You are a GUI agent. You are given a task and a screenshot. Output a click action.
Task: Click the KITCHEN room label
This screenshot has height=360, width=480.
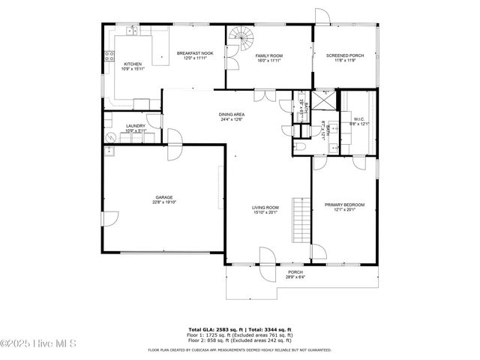click(132, 64)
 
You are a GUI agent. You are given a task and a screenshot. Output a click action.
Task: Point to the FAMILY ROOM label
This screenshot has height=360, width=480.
click(268, 55)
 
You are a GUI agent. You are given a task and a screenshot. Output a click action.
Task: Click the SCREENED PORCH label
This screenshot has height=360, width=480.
click(345, 55)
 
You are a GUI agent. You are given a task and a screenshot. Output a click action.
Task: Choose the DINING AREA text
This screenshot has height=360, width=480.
click(232, 114)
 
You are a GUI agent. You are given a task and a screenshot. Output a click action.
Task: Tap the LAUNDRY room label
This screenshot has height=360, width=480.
click(136, 126)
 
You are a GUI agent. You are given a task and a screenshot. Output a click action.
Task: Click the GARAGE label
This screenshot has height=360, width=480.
click(163, 197)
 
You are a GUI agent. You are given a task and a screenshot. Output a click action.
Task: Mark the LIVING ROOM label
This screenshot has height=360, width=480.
click(265, 208)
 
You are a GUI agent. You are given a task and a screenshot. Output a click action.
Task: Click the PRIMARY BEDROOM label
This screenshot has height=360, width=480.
click(344, 205)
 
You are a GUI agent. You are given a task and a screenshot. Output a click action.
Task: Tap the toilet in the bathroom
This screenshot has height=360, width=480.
click(301, 145)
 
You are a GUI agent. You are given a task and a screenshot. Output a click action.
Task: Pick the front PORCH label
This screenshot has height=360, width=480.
click(295, 272)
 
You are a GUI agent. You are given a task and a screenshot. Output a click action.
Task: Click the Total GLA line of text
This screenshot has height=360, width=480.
click(240, 329)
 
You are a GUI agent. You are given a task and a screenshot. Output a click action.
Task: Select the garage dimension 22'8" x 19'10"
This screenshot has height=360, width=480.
click(163, 202)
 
